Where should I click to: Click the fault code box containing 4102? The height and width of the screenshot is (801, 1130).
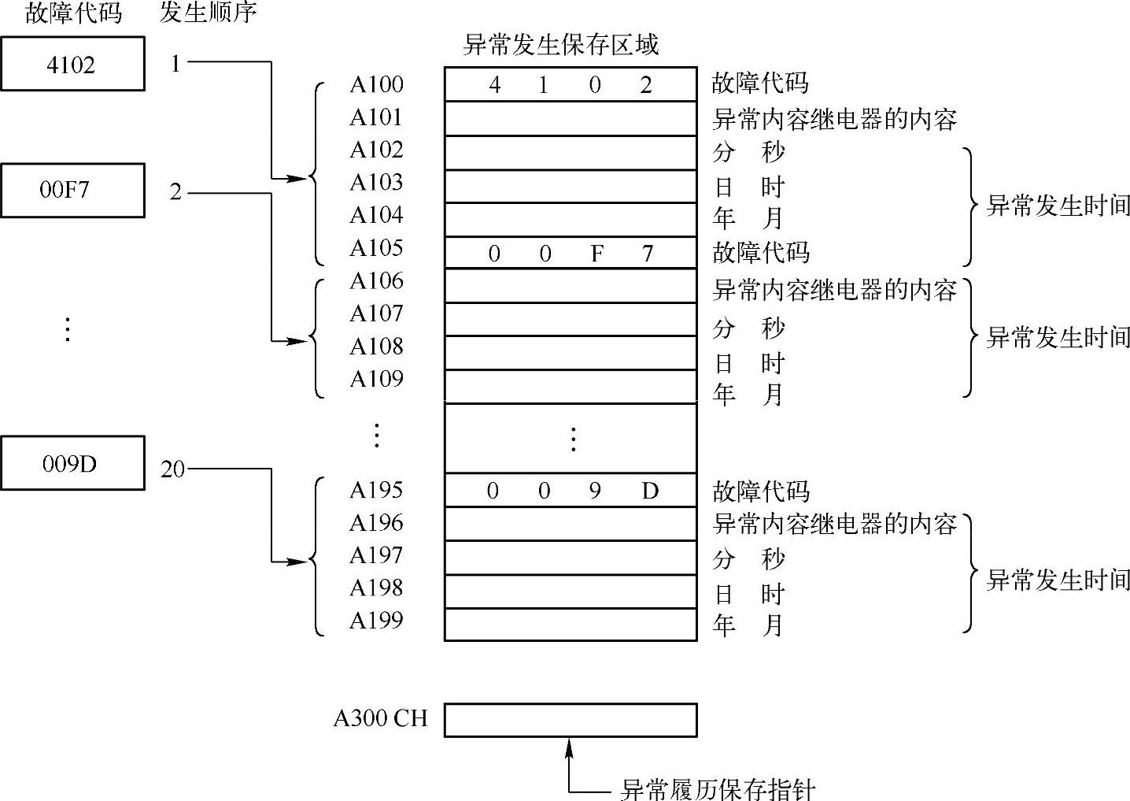pyautogui.click(x=72, y=64)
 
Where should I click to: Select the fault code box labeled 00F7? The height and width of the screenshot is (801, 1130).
pyautogui.click(x=72, y=190)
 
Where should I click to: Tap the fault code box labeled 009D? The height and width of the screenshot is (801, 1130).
pyautogui.click(x=72, y=463)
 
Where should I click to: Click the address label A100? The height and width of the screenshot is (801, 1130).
pyautogui.click(x=376, y=84)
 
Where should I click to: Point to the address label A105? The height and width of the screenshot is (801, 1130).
pyautogui.click(x=376, y=248)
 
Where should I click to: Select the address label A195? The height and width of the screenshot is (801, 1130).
pyautogui.click(x=376, y=490)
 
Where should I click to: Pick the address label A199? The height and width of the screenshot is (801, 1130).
pyautogui.click(x=376, y=621)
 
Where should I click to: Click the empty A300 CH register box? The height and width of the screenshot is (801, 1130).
pyautogui.click(x=571, y=720)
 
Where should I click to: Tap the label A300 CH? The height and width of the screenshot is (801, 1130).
pyautogui.click(x=380, y=718)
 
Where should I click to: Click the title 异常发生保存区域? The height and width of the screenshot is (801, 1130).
pyautogui.click(x=560, y=45)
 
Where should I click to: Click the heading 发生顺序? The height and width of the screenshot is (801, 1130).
pyautogui.click(x=208, y=13)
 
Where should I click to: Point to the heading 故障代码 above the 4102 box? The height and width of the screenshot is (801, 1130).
pyautogui.click(x=73, y=13)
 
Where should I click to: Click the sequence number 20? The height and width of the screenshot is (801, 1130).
pyautogui.click(x=172, y=469)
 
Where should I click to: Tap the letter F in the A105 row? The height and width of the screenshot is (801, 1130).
pyautogui.click(x=597, y=254)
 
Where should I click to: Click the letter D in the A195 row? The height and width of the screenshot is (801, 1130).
pyautogui.click(x=650, y=491)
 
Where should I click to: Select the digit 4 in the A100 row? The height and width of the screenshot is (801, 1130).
pyautogui.click(x=494, y=85)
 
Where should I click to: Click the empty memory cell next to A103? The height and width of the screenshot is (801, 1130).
pyautogui.click(x=571, y=187)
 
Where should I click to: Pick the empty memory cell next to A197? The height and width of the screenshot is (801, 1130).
pyautogui.click(x=571, y=558)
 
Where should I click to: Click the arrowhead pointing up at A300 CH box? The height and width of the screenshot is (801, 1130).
pyautogui.click(x=570, y=744)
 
